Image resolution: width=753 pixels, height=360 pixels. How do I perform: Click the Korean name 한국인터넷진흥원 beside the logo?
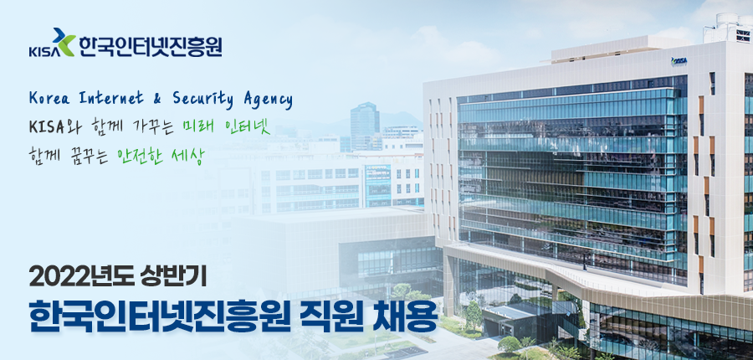pos(151,46)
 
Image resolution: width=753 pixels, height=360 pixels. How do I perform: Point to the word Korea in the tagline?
pos(47,99)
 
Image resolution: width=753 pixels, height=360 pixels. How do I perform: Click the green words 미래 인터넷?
pos(226,127)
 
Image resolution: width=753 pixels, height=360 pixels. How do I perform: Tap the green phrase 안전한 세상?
pos(161,155)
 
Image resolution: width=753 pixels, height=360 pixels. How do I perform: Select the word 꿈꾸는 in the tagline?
pos(86,155)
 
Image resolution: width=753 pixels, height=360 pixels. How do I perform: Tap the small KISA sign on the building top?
pos(679,60)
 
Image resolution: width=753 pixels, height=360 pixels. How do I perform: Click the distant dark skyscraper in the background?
pos(365,126)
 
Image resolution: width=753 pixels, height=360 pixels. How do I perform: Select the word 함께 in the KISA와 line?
pos(102,127)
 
